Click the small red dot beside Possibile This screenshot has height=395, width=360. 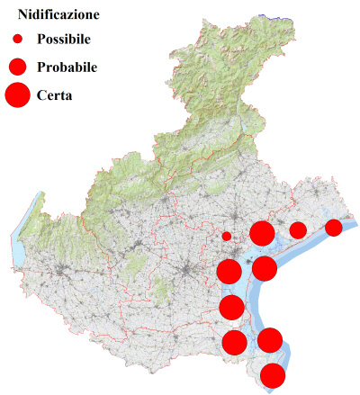[17, 40]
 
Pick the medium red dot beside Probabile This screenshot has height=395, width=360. [17, 67]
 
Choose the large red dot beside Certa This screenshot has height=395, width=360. [17, 94]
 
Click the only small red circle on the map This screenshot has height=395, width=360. [227, 237]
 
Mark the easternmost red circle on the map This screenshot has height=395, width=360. [333, 227]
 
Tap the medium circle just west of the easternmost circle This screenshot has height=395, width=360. [297, 230]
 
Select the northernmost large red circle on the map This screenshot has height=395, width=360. [262, 234]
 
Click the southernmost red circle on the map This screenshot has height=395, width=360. [273, 376]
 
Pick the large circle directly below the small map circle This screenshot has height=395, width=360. [229, 271]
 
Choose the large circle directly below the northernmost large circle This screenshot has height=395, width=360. [265, 268]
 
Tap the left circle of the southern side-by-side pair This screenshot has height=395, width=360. [234, 342]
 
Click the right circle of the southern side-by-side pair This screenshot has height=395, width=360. [270, 340]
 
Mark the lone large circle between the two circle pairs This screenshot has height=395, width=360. [231, 308]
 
